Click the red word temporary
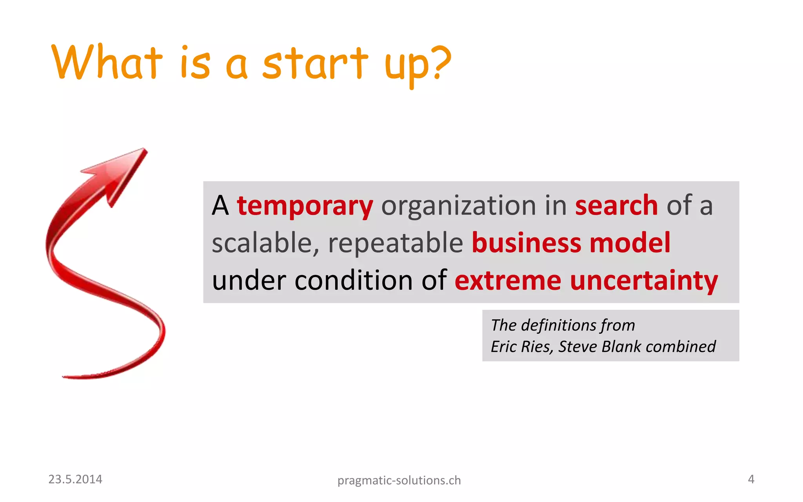[x=305, y=206]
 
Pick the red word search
[x=616, y=206]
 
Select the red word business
[x=526, y=243]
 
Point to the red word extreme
[x=508, y=281]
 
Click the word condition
[x=353, y=281]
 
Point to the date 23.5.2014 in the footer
[x=75, y=479]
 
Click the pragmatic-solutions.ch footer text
[x=399, y=480]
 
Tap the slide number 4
[x=751, y=479]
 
